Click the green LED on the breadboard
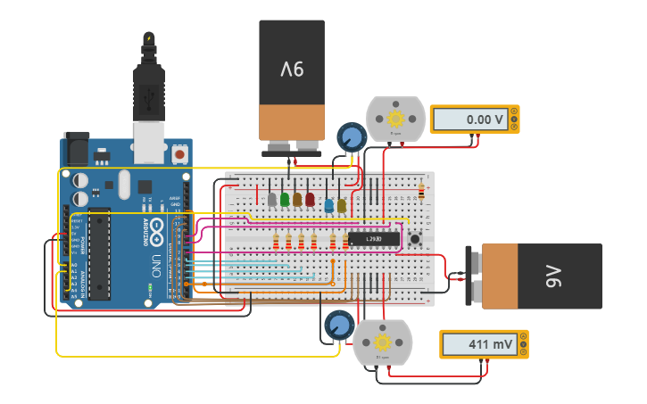coord(285,200)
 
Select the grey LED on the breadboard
coord(272,201)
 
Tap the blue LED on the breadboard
coord(329,206)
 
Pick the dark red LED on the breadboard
coord(310,200)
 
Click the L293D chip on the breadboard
coord(373,239)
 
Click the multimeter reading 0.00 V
coord(474,119)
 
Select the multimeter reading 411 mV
coord(483,343)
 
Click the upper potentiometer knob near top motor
coord(352,137)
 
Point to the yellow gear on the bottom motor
coord(383,342)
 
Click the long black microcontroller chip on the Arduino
coord(99,254)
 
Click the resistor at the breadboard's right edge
coord(421,192)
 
